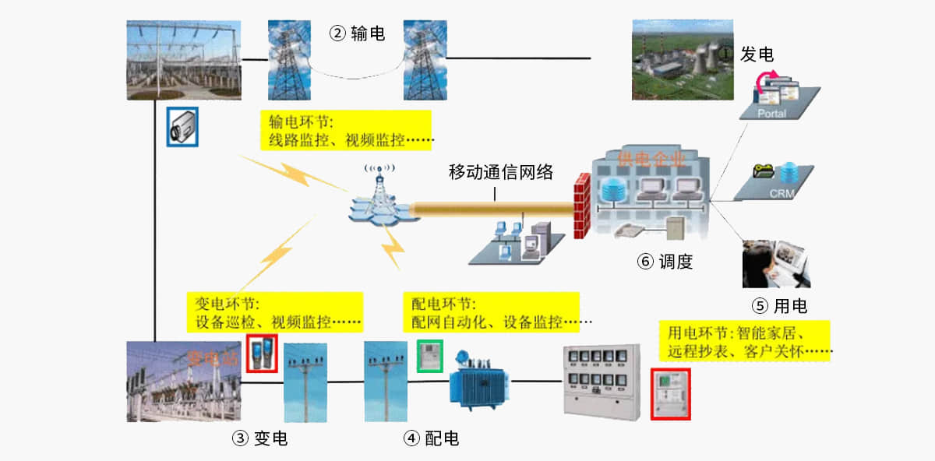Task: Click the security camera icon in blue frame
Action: tap(182, 126)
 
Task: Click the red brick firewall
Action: tap(580, 206)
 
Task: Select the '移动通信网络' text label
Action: tap(501, 172)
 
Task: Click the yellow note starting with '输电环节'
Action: tap(347, 131)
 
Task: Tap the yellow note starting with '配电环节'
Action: tap(492, 311)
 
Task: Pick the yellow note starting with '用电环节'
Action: tap(743, 342)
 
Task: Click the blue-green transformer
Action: tap(475, 385)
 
